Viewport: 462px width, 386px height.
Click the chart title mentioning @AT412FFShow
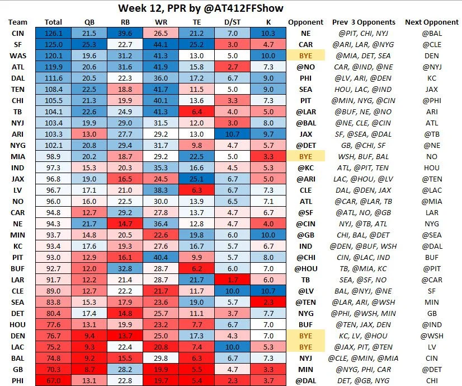(232, 8)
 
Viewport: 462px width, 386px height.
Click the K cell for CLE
(268, 291)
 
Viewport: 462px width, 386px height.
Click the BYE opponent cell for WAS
(305, 57)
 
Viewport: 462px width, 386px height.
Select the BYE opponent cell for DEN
(305, 336)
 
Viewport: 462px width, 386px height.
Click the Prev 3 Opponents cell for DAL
(363, 79)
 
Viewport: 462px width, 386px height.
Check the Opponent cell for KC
(305, 247)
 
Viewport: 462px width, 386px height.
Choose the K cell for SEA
(268, 303)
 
